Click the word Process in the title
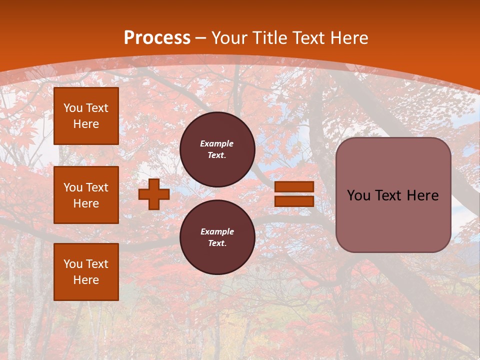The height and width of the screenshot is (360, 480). point(157,38)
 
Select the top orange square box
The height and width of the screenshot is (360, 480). point(86,116)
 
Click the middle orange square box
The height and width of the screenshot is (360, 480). point(86,195)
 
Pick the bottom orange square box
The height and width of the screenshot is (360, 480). point(86,271)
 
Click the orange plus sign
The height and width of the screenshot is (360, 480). point(154,194)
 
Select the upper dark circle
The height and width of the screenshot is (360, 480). point(217,149)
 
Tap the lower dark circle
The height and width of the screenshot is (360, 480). point(217,237)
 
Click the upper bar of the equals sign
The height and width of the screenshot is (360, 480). point(294,186)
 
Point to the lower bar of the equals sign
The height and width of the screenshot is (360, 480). point(294,201)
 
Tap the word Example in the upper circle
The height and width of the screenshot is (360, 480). point(217,143)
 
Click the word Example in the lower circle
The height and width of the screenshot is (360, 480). point(217,231)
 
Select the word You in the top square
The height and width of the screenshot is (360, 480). point(73,108)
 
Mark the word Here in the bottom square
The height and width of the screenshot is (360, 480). point(86,280)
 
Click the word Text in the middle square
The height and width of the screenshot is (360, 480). point(97,187)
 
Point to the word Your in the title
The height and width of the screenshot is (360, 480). point(229,38)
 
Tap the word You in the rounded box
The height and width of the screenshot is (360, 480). point(358,195)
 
